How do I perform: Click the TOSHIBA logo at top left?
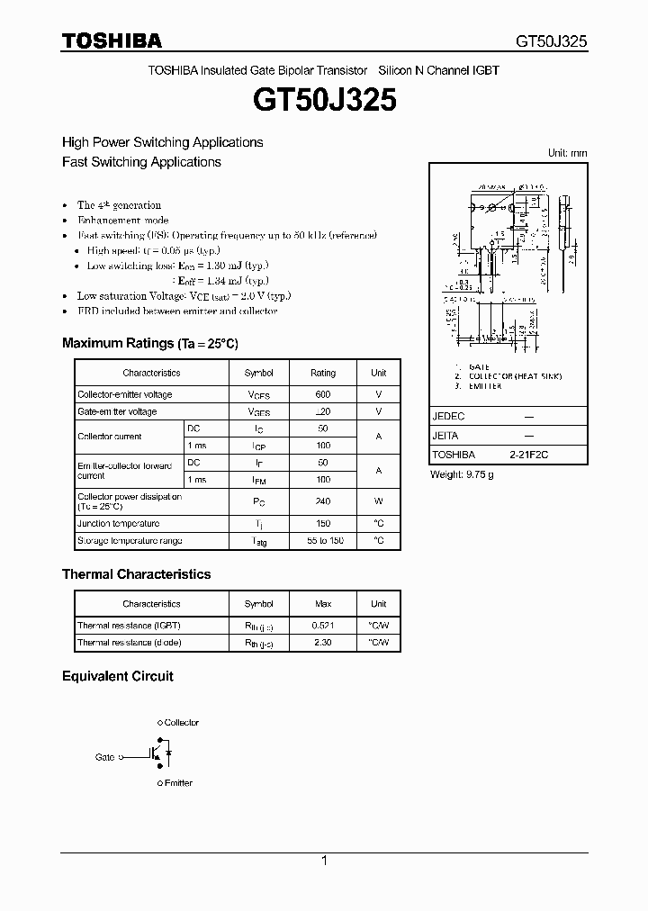coord(112,41)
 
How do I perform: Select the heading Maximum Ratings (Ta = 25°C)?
coord(149,343)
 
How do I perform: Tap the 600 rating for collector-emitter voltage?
coord(323,394)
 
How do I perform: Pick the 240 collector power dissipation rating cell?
coord(323,501)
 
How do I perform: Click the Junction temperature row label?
coord(119,524)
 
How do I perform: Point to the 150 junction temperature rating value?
coord(323,524)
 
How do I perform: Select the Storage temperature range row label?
coord(130,541)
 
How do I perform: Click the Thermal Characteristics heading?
coord(136,574)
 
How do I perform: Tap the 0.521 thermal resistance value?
coord(323,625)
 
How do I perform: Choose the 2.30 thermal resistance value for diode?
coord(323,643)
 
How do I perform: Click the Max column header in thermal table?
coord(323,604)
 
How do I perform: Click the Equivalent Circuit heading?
coord(117,676)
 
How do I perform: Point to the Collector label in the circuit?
coord(181,723)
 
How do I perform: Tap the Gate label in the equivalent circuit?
coord(105,758)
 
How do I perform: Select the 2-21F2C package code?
coord(528,455)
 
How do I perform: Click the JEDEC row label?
coord(448,418)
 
